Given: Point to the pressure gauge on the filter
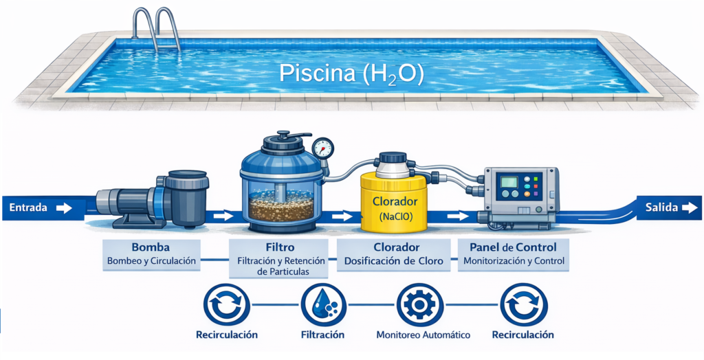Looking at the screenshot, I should click(x=322, y=148).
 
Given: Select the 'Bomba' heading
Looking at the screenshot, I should click(x=150, y=247).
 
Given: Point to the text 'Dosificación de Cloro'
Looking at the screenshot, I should click(x=393, y=261).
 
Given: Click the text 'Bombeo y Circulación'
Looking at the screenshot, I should click(x=151, y=261).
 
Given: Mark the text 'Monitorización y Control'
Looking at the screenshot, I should click(x=513, y=261).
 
